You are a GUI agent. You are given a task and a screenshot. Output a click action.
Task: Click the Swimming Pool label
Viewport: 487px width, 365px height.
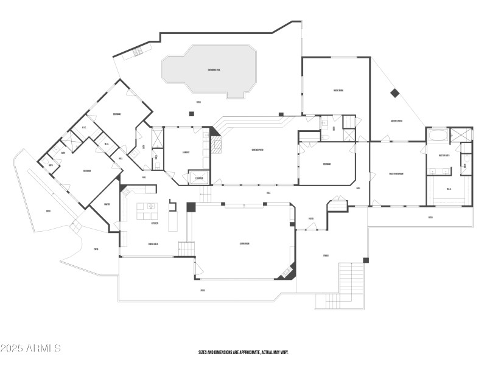(214, 71)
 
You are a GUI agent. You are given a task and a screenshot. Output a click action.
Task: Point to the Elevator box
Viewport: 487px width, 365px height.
(199, 178)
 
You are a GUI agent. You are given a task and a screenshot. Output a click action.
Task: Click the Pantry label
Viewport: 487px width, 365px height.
(107, 204)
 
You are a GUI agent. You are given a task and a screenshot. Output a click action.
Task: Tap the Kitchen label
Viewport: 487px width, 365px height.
(155, 223)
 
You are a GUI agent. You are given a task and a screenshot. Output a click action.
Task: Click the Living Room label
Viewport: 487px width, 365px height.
(245, 243)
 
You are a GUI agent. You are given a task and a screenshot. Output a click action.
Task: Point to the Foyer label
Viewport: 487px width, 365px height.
(310, 219)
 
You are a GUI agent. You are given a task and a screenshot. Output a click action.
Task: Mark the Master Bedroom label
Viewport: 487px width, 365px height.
(396, 173)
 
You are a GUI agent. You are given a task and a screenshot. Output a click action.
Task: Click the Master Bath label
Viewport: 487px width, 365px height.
(438, 156)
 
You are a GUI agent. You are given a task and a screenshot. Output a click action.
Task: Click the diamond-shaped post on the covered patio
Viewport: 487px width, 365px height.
(394, 93)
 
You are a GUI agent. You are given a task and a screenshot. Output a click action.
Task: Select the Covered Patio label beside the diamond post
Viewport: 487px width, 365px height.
(396, 121)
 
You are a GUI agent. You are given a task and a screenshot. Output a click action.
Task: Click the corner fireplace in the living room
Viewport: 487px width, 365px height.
(286, 272)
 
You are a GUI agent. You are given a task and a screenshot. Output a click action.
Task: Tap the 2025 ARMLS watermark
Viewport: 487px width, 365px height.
(30, 349)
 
